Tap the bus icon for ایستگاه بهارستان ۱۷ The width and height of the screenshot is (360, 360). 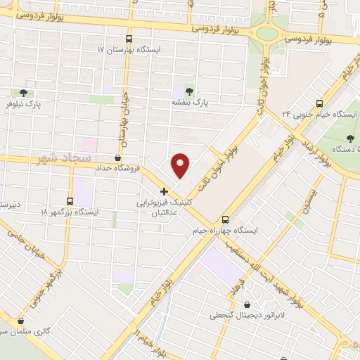[129, 39]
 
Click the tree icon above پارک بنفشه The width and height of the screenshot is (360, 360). [188, 90]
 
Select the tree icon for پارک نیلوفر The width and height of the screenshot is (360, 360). [24, 93]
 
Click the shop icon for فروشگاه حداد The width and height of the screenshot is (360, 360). [117, 157]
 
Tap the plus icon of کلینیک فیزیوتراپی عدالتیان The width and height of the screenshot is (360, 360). [164, 191]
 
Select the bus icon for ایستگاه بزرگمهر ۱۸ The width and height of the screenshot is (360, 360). [70, 200]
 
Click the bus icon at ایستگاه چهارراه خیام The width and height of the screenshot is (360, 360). [225, 219]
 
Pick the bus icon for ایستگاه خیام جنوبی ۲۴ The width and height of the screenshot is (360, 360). [319, 102]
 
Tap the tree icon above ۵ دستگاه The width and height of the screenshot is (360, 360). [349, 137]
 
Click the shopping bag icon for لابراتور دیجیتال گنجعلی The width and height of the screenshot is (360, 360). [247, 304]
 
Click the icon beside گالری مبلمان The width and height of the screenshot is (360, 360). [21, 321]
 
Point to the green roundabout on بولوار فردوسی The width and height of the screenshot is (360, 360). [266, 32]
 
